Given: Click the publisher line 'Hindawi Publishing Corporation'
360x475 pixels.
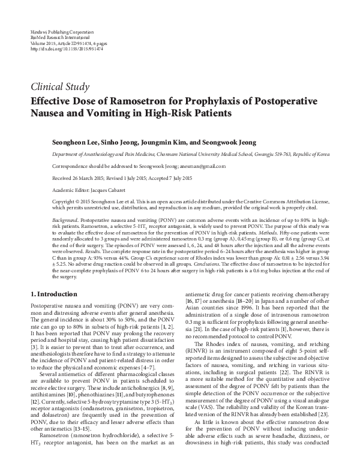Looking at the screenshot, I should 59,30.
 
